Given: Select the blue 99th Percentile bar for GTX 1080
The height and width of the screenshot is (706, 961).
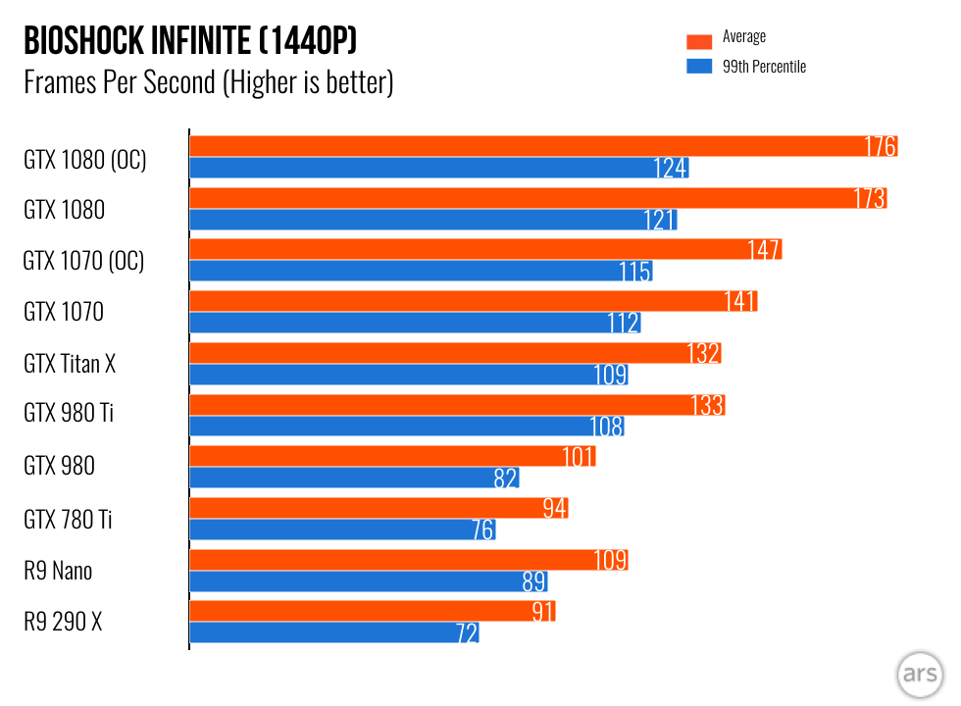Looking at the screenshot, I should coord(431,220).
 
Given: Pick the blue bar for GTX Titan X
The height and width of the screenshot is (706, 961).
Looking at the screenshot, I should coord(407,375).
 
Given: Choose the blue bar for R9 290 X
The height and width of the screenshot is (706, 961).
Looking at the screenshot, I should coord(333,633).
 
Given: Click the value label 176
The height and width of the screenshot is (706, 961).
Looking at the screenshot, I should coord(880,147).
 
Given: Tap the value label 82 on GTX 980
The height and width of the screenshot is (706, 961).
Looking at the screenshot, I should coord(505,479).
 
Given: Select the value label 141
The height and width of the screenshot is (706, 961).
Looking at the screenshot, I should coord(740,302).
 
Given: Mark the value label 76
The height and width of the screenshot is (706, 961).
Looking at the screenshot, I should coord(481,530).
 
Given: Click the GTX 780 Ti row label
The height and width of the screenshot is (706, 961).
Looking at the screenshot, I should coord(68,519).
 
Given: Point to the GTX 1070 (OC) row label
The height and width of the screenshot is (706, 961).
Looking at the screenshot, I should coord(83,261).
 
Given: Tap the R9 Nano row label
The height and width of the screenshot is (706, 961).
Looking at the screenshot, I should coord(58,570).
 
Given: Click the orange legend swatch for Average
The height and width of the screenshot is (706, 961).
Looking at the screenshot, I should coord(698,41).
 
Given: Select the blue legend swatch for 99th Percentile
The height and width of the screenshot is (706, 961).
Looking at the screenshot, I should coord(698,67).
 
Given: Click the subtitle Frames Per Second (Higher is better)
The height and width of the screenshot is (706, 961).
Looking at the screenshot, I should coord(208,82).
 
